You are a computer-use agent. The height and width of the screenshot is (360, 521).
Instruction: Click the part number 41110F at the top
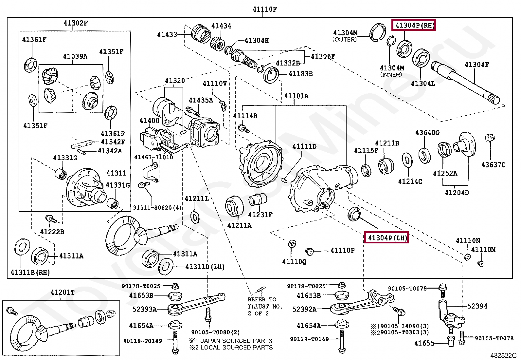coord(265,9)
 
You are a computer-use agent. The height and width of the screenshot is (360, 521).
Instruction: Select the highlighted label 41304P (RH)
coord(414,25)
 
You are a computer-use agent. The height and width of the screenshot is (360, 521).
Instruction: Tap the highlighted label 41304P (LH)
coord(386,237)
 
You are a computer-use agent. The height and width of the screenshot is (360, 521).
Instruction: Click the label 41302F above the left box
coord(76,23)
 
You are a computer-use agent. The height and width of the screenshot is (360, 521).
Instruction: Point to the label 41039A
coord(75,56)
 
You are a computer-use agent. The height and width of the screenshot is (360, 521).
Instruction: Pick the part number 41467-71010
coord(154,157)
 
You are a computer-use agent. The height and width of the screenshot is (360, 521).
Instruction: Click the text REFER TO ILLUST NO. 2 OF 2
coord(265,306)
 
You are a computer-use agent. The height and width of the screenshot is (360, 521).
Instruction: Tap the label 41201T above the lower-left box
coord(63,293)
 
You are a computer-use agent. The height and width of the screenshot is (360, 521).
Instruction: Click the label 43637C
coord(493,165)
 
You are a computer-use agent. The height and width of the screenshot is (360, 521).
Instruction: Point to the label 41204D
coord(457,193)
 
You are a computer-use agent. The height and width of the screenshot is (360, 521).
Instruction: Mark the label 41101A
coord(296,96)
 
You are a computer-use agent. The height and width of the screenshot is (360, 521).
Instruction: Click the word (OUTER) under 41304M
coord(345,40)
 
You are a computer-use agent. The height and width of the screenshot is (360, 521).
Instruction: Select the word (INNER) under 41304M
coord(391,75)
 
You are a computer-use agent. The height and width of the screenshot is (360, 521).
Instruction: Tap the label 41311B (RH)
coord(30,272)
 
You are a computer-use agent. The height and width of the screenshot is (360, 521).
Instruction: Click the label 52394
coord(477,306)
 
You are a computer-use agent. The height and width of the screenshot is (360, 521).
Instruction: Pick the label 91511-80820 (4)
coord(157,207)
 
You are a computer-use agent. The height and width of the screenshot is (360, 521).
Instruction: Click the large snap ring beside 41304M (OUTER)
coord(377,33)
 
